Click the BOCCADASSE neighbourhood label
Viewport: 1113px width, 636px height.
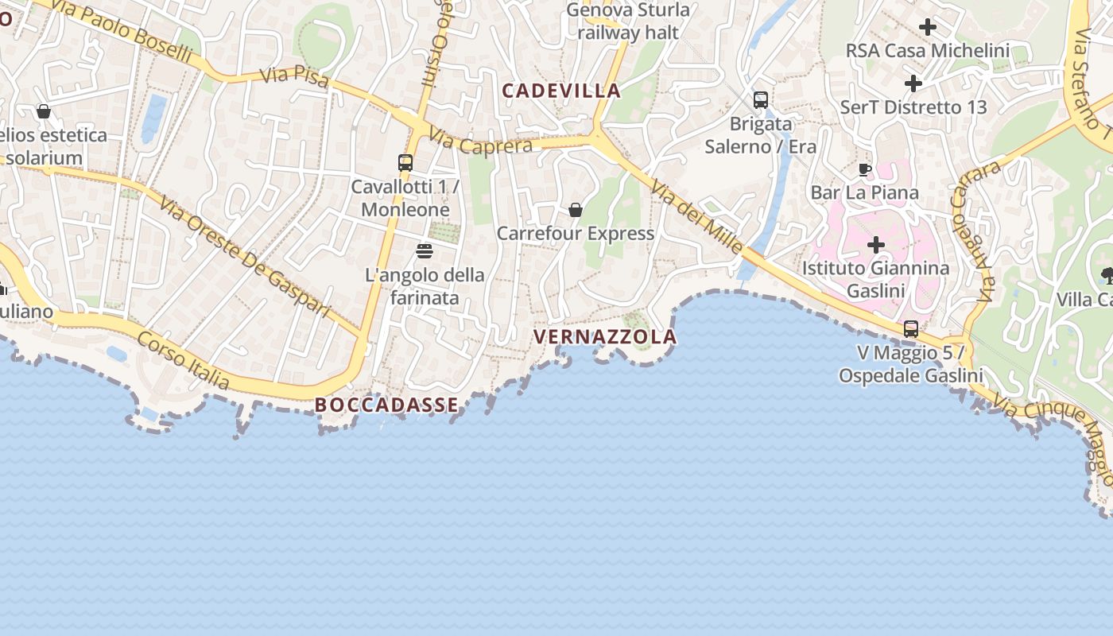click(x=387, y=405)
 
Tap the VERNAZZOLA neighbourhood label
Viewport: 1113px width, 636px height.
click(x=605, y=337)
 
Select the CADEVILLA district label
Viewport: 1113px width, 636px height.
click(x=561, y=91)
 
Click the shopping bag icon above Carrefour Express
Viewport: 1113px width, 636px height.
click(x=575, y=210)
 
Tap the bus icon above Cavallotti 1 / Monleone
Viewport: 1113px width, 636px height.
click(x=405, y=163)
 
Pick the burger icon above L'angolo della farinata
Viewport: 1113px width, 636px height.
click(x=425, y=251)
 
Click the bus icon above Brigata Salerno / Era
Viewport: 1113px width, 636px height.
click(x=761, y=100)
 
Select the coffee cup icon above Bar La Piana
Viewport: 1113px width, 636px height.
click(x=865, y=169)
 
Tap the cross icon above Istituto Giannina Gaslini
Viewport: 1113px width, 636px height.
click(x=875, y=245)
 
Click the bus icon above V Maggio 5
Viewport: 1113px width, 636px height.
click(x=911, y=328)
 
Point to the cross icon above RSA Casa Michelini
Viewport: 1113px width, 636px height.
click(x=927, y=28)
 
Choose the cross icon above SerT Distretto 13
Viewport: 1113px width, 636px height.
click(x=913, y=83)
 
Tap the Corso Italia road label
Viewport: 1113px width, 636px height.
click(x=184, y=362)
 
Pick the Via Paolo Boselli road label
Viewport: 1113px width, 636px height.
click(x=123, y=31)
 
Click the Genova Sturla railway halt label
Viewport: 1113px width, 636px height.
click(x=628, y=21)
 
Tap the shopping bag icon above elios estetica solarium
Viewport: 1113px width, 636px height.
click(x=44, y=112)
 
